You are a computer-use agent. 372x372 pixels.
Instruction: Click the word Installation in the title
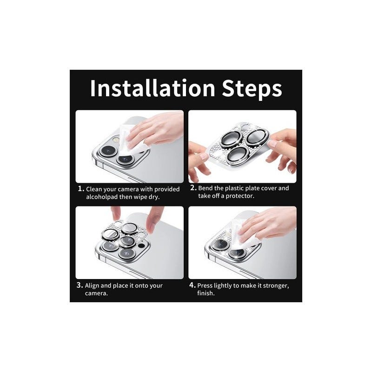click(x=153, y=88)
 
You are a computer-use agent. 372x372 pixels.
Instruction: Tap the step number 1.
click(x=80, y=189)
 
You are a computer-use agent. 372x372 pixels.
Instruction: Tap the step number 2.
click(x=193, y=188)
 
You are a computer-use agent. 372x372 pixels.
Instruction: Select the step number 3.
click(x=80, y=285)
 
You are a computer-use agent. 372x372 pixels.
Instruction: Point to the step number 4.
click(x=193, y=285)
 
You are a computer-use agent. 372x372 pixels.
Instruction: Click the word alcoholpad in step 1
click(x=102, y=197)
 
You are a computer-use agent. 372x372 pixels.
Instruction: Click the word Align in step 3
click(x=92, y=286)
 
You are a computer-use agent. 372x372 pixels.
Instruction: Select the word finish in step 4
click(x=206, y=293)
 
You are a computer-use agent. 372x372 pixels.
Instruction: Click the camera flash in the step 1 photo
click(x=115, y=139)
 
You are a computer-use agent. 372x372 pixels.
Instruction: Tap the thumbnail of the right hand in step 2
click(x=272, y=143)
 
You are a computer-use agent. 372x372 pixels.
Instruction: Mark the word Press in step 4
click(x=205, y=286)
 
